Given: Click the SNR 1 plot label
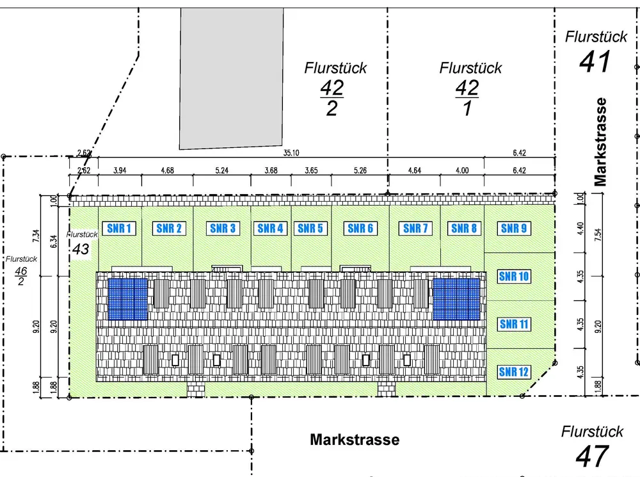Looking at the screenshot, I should tap(120, 228).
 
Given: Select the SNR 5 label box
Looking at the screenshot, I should tap(311, 228).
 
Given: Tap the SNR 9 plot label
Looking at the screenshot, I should tap(514, 228).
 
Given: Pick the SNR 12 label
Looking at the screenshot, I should tap(514, 371).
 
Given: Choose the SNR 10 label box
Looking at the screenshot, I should tap(514, 277).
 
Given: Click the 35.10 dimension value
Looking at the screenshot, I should tap(291, 152).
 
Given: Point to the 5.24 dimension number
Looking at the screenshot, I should tap(223, 170).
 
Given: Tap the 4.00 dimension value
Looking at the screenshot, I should tap(462, 170).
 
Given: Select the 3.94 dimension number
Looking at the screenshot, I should tap(120, 170).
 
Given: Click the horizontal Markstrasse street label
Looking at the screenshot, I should tap(355, 440).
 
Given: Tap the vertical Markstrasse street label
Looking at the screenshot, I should tap(600, 141).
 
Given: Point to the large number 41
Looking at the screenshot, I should tap(595, 62).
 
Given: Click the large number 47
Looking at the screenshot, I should tap(591, 457).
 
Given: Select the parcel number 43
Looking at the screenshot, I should tap(81, 248).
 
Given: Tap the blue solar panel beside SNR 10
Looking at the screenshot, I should tap(456, 298).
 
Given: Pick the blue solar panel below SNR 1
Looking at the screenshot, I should tap(127, 298).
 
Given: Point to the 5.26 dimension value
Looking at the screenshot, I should tap(361, 170).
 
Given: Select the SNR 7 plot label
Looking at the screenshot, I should tap(416, 228).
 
